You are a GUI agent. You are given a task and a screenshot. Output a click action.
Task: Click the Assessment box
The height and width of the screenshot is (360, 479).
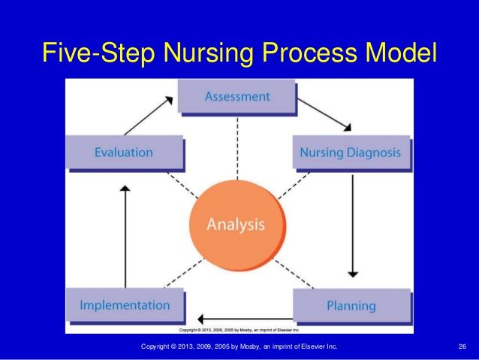238,97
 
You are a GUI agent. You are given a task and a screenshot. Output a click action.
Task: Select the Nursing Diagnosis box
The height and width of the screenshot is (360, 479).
351,153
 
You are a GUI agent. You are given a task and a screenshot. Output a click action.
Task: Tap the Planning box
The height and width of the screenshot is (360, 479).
351,306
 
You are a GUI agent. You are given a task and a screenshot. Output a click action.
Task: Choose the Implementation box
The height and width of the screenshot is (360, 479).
125,305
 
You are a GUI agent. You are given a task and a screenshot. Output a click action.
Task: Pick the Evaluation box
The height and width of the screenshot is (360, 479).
124,153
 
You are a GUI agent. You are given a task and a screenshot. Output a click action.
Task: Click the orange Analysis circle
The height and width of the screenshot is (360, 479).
236,223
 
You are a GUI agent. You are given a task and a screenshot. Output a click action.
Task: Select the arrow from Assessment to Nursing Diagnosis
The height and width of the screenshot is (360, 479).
324,112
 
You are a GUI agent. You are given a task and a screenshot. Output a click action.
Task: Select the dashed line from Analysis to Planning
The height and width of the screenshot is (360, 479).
289,274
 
